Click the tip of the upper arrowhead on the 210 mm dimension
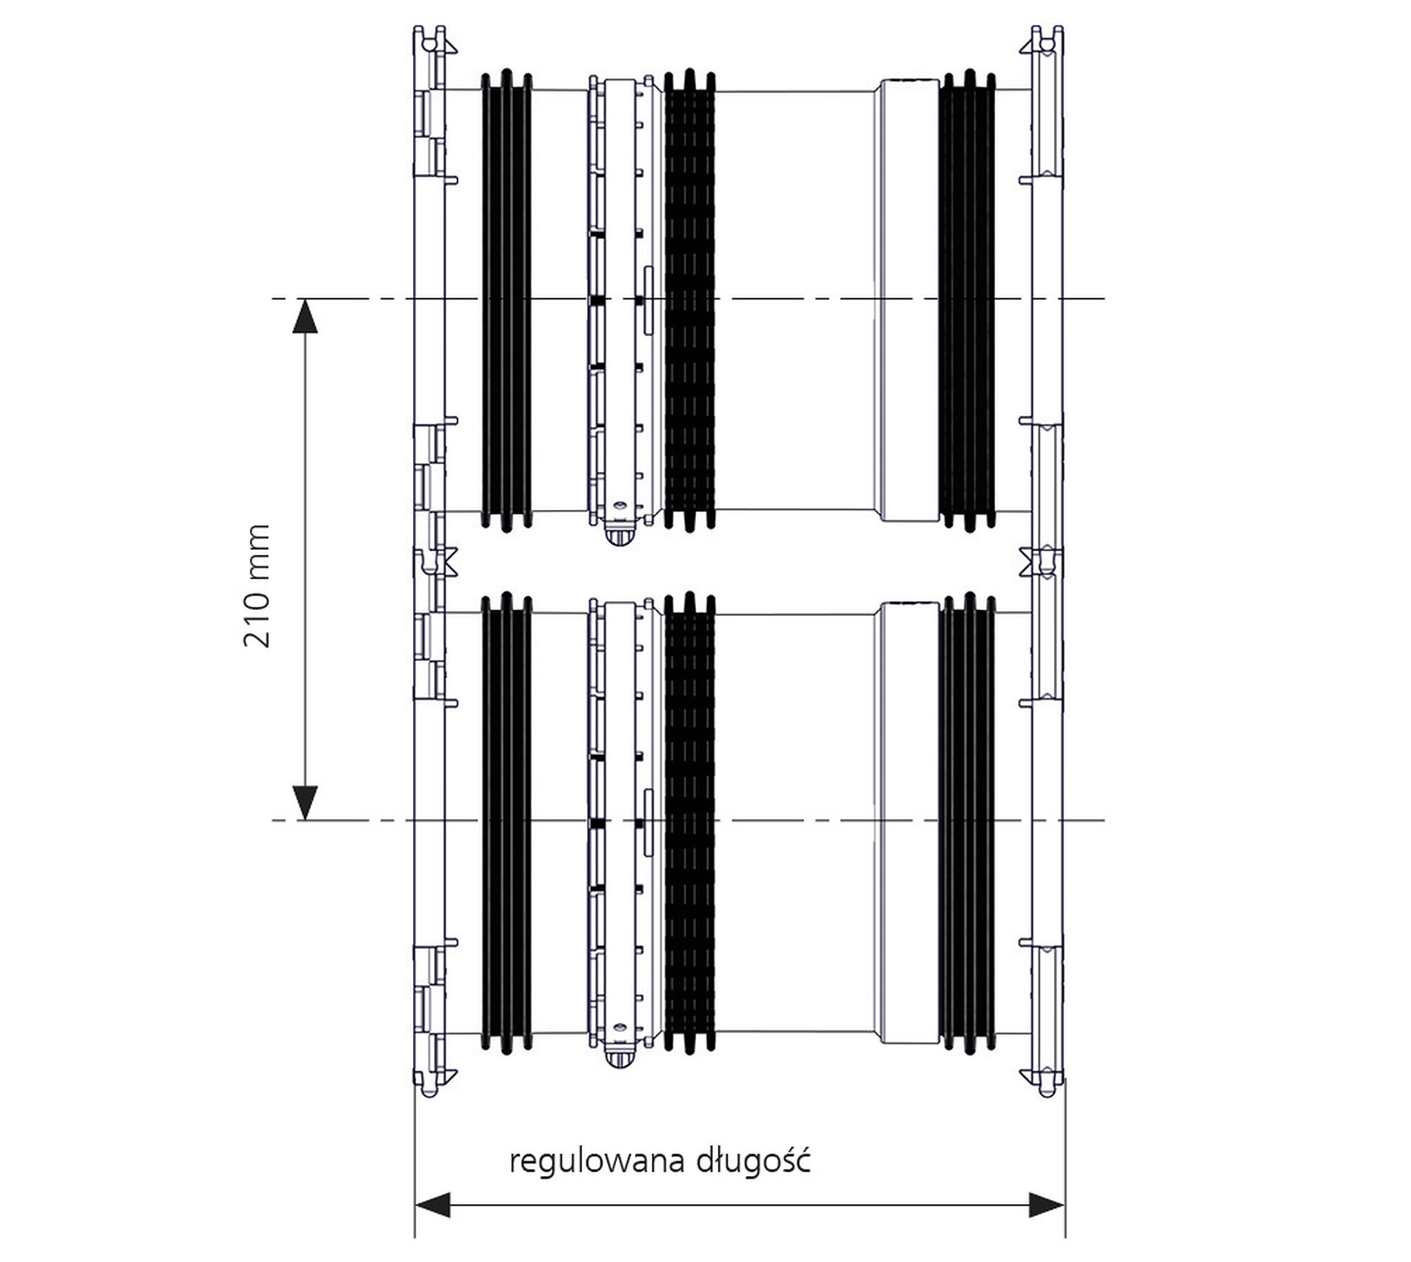pos(305,299)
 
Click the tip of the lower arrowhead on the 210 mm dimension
pos(305,820)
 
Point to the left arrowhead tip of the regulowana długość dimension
pos(415,1205)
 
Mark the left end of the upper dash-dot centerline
pos(272,298)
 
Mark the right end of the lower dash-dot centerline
pos(1105,820)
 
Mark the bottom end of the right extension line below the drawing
pos(1066,1238)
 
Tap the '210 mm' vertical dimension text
pos(256,586)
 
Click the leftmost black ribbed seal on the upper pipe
pos(506,300)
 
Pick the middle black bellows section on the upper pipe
pos(689,300)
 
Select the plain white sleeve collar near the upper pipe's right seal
pos(908,300)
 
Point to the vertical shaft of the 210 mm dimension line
pos(305,559)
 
